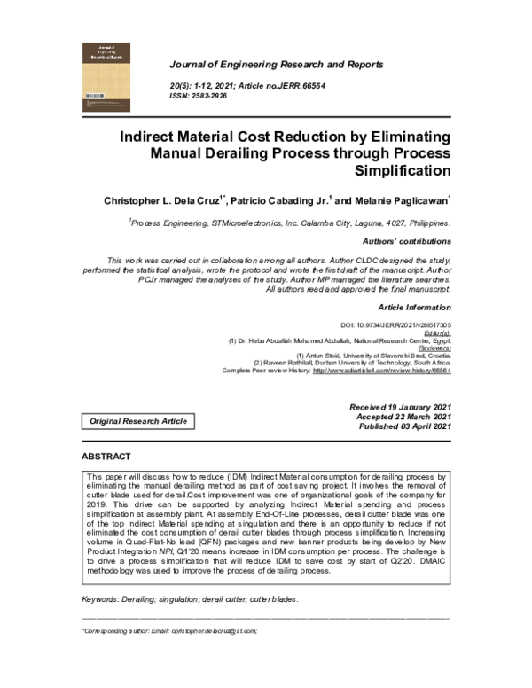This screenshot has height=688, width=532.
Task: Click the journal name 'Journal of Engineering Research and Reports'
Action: pos(276,65)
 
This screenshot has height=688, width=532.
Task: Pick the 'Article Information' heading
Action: pos(415,306)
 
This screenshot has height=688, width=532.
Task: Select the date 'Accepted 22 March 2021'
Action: pos(403,416)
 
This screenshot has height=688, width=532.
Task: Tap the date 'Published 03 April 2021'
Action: pos(405,426)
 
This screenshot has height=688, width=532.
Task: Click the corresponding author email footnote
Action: pos(168,630)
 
